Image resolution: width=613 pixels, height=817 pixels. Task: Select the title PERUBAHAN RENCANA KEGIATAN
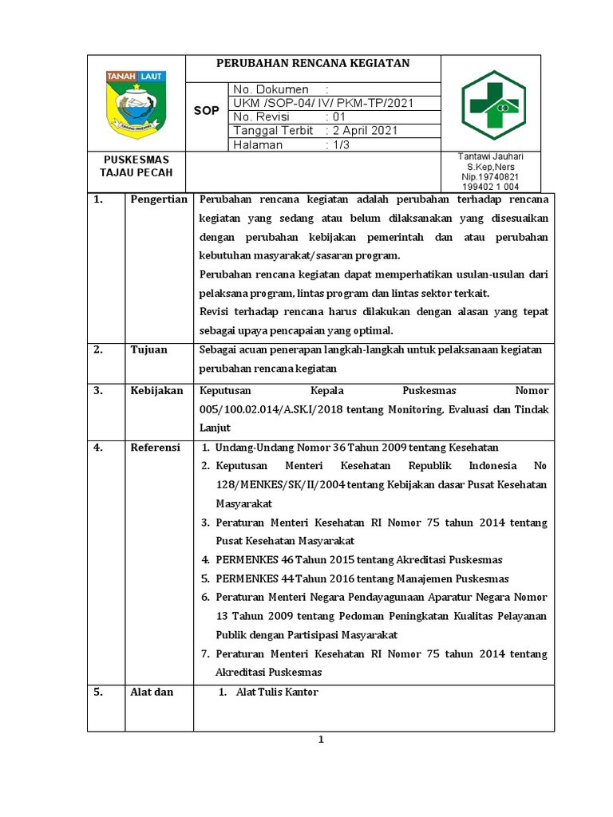(312, 64)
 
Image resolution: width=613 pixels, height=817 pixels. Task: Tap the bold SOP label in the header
(206, 111)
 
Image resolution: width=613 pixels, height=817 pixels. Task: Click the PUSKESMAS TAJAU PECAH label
(135, 166)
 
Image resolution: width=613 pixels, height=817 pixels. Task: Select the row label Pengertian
(158, 199)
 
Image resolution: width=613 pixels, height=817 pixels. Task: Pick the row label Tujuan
(149, 349)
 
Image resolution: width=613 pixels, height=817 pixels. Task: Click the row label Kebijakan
(157, 391)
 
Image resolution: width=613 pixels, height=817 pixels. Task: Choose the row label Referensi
(156, 448)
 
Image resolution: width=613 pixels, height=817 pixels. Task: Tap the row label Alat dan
(152, 692)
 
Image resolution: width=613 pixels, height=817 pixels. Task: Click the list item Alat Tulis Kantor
(276, 692)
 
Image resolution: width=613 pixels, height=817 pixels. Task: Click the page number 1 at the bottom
(320, 740)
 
